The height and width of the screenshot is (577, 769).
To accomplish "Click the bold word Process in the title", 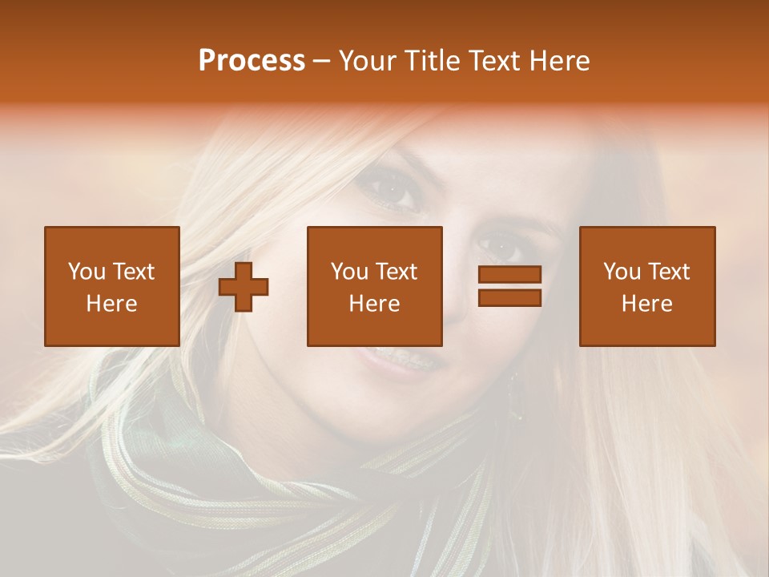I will coord(252,61).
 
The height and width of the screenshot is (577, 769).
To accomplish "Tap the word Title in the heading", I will coord(432,61).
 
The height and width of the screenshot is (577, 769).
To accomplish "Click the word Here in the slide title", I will coord(560,61).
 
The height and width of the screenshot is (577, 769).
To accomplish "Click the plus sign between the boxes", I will coord(244,286).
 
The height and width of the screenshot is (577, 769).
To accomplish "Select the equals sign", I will coord(509,286).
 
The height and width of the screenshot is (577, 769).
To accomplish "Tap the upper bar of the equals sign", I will coord(509,275).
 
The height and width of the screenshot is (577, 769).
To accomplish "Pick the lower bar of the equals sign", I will coord(509,297).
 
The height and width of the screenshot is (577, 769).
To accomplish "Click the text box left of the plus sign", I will coord(111,286).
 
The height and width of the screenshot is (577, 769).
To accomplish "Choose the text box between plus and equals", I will coord(374,286).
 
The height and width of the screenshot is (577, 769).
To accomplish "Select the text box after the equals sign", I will coord(646,286).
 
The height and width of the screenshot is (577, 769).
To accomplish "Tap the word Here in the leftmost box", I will coord(111,304).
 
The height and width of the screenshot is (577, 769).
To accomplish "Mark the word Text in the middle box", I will coord(397,272).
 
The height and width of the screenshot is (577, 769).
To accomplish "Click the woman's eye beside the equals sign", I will coord(498,245).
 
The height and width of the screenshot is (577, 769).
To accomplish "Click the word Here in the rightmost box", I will coord(646,304).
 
